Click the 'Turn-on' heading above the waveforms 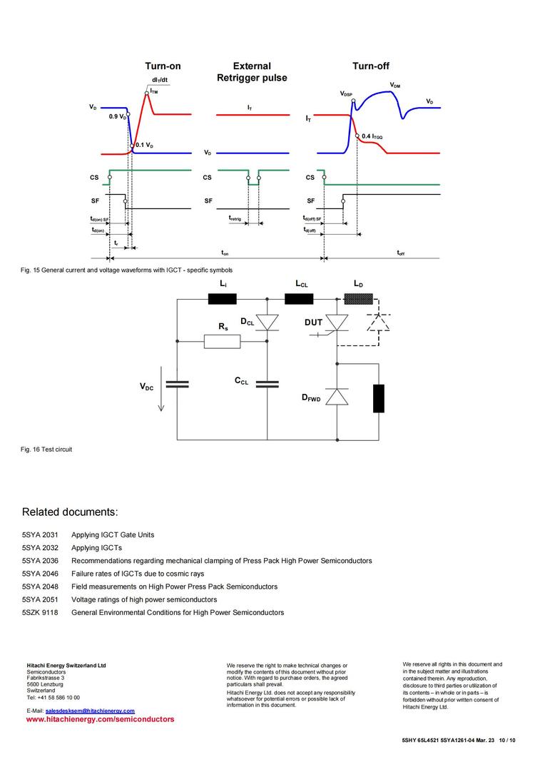163,66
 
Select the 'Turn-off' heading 370,66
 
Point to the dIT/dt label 160,80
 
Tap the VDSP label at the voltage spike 346,93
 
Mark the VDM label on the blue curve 395,86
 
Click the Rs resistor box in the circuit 222,342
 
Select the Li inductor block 222,299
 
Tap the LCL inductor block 299,299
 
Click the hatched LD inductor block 358,299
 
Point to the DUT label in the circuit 313,322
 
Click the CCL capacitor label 242,381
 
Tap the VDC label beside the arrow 146,386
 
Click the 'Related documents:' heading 69,512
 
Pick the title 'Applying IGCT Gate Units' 113,534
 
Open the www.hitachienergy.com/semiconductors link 100,720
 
